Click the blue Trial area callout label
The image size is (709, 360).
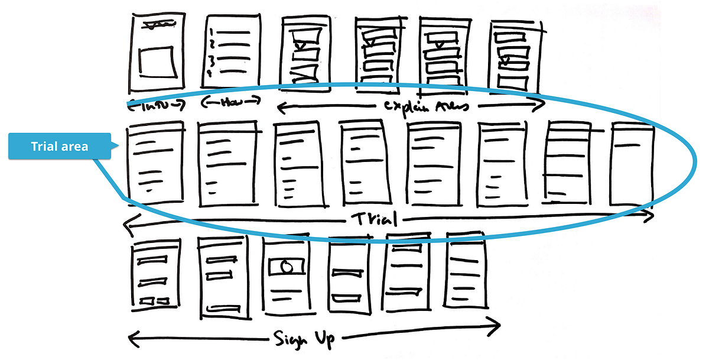tap(59, 146)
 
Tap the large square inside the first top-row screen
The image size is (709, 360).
tap(157, 61)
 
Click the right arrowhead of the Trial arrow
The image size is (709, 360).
tap(650, 217)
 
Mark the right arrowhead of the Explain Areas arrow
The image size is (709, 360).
tap(540, 105)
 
